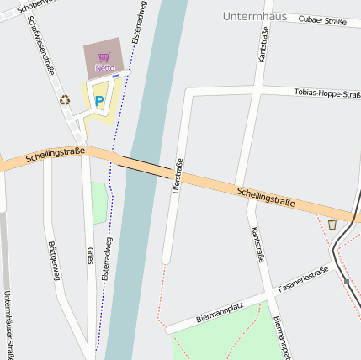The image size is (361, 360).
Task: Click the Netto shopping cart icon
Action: [104, 57]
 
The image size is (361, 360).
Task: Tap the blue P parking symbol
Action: [98, 102]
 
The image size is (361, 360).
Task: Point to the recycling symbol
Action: [65, 100]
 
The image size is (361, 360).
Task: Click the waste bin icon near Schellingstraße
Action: [332, 224]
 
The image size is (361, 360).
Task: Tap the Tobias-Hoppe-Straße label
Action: [327, 93]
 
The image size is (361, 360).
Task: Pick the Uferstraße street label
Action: [177, 177]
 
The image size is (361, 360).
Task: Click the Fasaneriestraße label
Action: [303, 278]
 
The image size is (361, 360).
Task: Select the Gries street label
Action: [90, 257]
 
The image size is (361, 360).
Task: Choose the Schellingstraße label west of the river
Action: [56, 155]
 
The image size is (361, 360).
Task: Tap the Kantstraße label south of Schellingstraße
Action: [257, 244]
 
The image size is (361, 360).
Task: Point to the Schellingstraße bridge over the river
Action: [145, 166]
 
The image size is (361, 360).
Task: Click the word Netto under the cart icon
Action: [104, 67]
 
